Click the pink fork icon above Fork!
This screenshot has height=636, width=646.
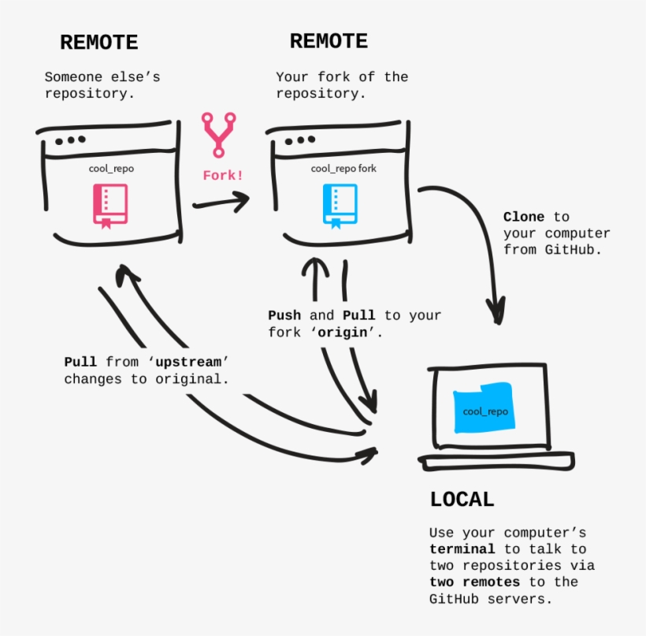pos(217,134)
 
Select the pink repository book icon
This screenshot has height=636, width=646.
pos(110,205)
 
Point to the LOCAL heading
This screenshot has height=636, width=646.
pos(462,499)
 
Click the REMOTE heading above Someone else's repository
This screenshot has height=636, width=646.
pos(98,42)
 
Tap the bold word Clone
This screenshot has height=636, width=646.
pos(524,217)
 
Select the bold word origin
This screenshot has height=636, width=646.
pos(343,332)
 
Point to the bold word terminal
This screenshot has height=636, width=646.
pos(462,549)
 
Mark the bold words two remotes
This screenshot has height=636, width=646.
pos(474,582)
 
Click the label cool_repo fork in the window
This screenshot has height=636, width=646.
pos(343,168)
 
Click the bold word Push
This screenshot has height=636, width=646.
pos(284,315)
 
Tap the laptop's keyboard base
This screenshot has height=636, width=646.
pos(496,462)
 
